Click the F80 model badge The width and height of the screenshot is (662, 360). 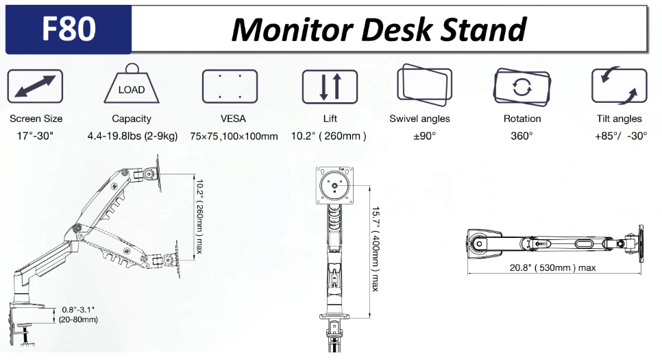69,29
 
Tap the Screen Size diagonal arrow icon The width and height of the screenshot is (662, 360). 35,86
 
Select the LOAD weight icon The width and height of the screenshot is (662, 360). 131,86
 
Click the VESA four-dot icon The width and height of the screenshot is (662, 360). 230,86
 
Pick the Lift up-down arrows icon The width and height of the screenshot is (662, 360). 330,86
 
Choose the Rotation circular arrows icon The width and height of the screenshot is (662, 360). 522,86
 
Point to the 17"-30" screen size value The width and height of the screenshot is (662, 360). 35,136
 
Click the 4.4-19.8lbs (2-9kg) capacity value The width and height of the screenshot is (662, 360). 132,136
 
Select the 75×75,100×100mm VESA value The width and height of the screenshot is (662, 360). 234,136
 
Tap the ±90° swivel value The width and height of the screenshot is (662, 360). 425,136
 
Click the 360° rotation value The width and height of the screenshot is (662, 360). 522,136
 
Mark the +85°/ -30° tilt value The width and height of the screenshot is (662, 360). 621,136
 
